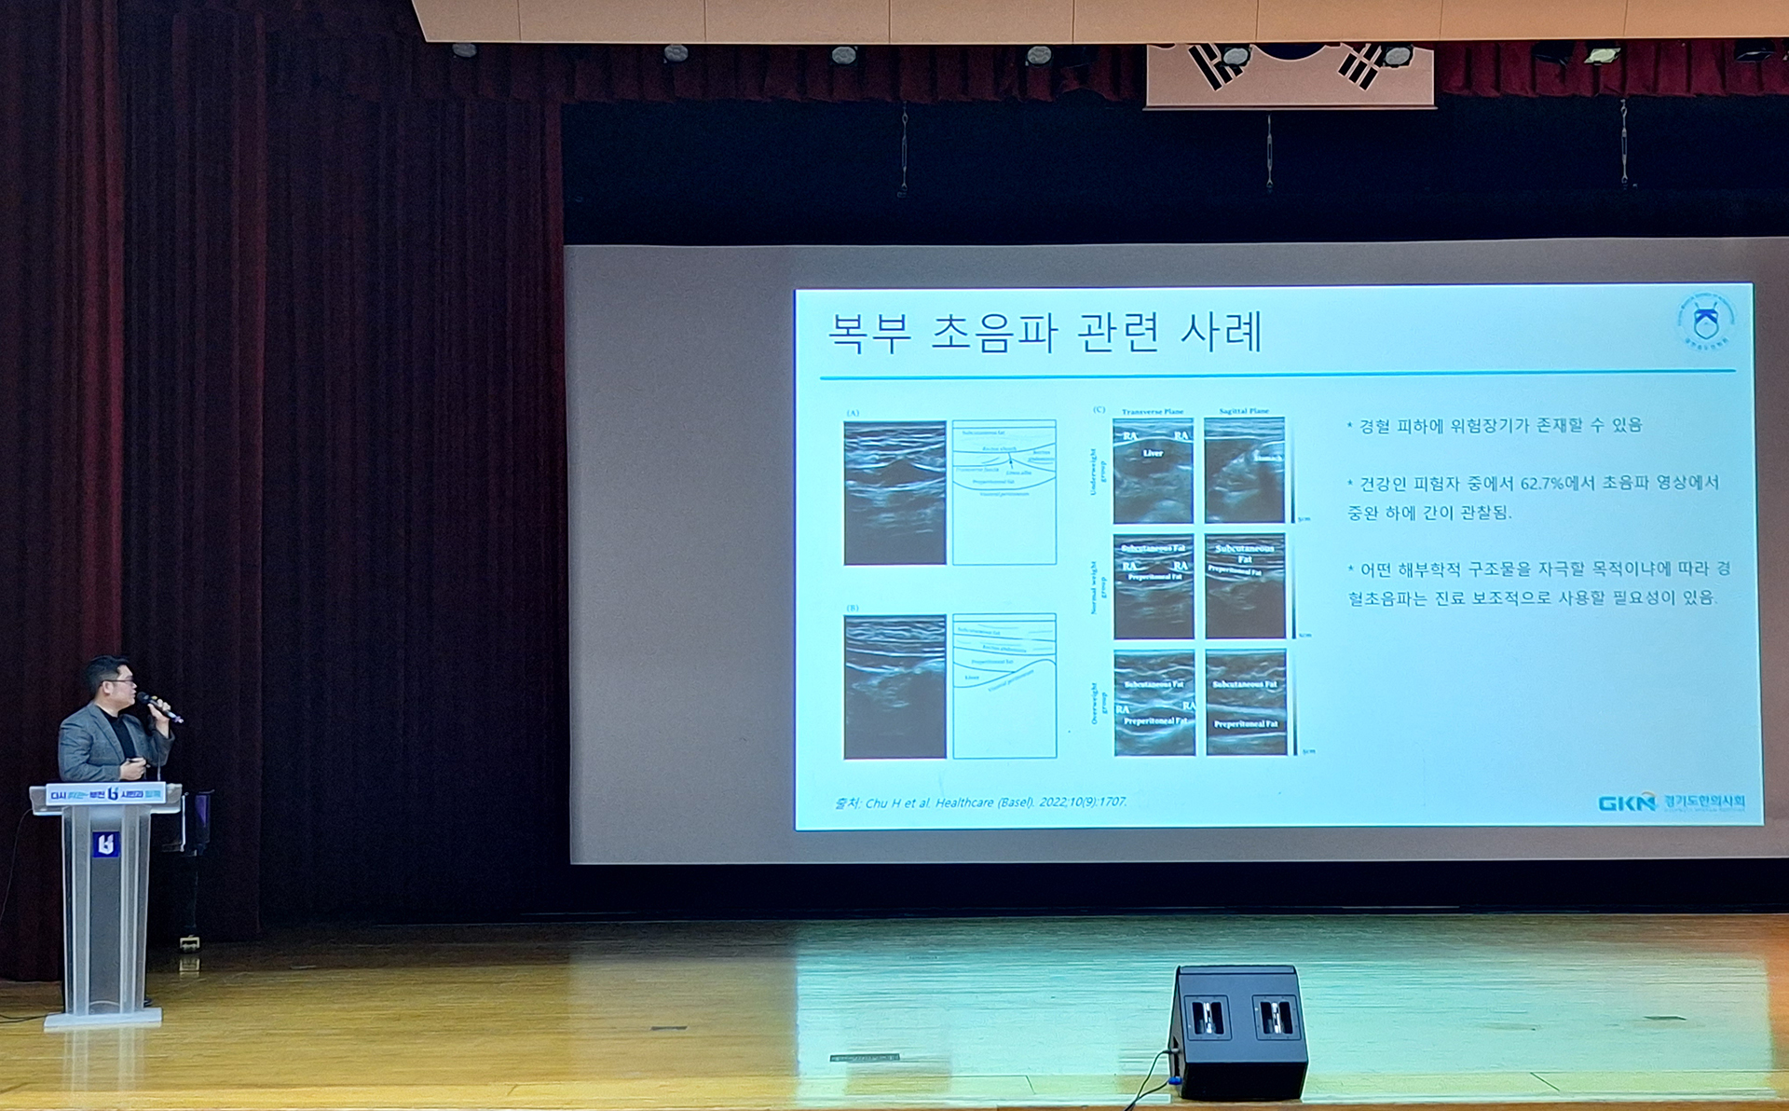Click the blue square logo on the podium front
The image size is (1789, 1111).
pyautogui.click(x=105, y=844)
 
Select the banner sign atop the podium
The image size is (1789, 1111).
pyautogui.click(x=105, y=794)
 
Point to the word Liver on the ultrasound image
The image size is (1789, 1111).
pyautogui.click(x=1153, y=453)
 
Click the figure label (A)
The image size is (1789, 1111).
pyautogui.click(x=853, y=413)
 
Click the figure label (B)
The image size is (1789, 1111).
pyautogui.click(x=853, y=608)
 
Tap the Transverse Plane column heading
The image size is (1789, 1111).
pyautogui.click(x=1153, y=411)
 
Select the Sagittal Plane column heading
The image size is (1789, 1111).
pyautogui.click(x=1244, y=411)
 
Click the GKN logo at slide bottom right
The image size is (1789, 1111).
pyautogui.click(x=1626, y=802)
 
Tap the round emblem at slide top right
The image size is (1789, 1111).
pyautogui.click(x=1705, y=322)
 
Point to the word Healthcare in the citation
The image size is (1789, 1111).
pyautogui.click(x=964, y=802)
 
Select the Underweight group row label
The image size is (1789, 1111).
pyautogui.click(x=1098, y=471)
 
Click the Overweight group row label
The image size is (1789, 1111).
pyautogui.click(x=1098, y=702)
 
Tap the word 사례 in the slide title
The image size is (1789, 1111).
pyautogui.click(x=1221, y=333)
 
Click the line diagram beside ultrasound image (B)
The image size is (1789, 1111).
pyautogui.click(x=1004, y=685)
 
